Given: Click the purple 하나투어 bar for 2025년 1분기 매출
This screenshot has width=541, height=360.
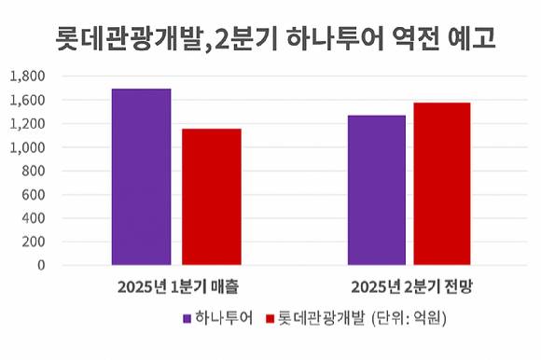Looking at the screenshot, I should tap(141, 176).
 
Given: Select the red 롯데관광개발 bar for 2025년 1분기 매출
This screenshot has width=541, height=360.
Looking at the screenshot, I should tap(212, 197).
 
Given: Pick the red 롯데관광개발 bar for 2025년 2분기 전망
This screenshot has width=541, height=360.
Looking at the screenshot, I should tap(442, 184).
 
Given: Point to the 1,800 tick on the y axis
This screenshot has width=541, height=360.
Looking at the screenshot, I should tap(28, 76).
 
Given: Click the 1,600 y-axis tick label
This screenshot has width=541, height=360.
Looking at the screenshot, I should tap(28, 100).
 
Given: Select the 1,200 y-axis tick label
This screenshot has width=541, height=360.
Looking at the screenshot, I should tap(28, 124).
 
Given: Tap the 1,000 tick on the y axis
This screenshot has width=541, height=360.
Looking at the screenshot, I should tap(28, 147).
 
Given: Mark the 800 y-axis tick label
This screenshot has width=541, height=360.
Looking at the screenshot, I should tap(35, 171).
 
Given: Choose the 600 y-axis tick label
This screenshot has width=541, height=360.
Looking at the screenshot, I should tap(35, 195).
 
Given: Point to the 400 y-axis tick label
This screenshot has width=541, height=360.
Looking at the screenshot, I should tap(35, 218).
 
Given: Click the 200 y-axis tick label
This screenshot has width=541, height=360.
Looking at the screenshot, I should tap(35, 242).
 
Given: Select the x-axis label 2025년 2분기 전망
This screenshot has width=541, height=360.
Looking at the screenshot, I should tap(410, 285).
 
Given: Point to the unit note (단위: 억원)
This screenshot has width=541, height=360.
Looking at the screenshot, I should tap(409, 319).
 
